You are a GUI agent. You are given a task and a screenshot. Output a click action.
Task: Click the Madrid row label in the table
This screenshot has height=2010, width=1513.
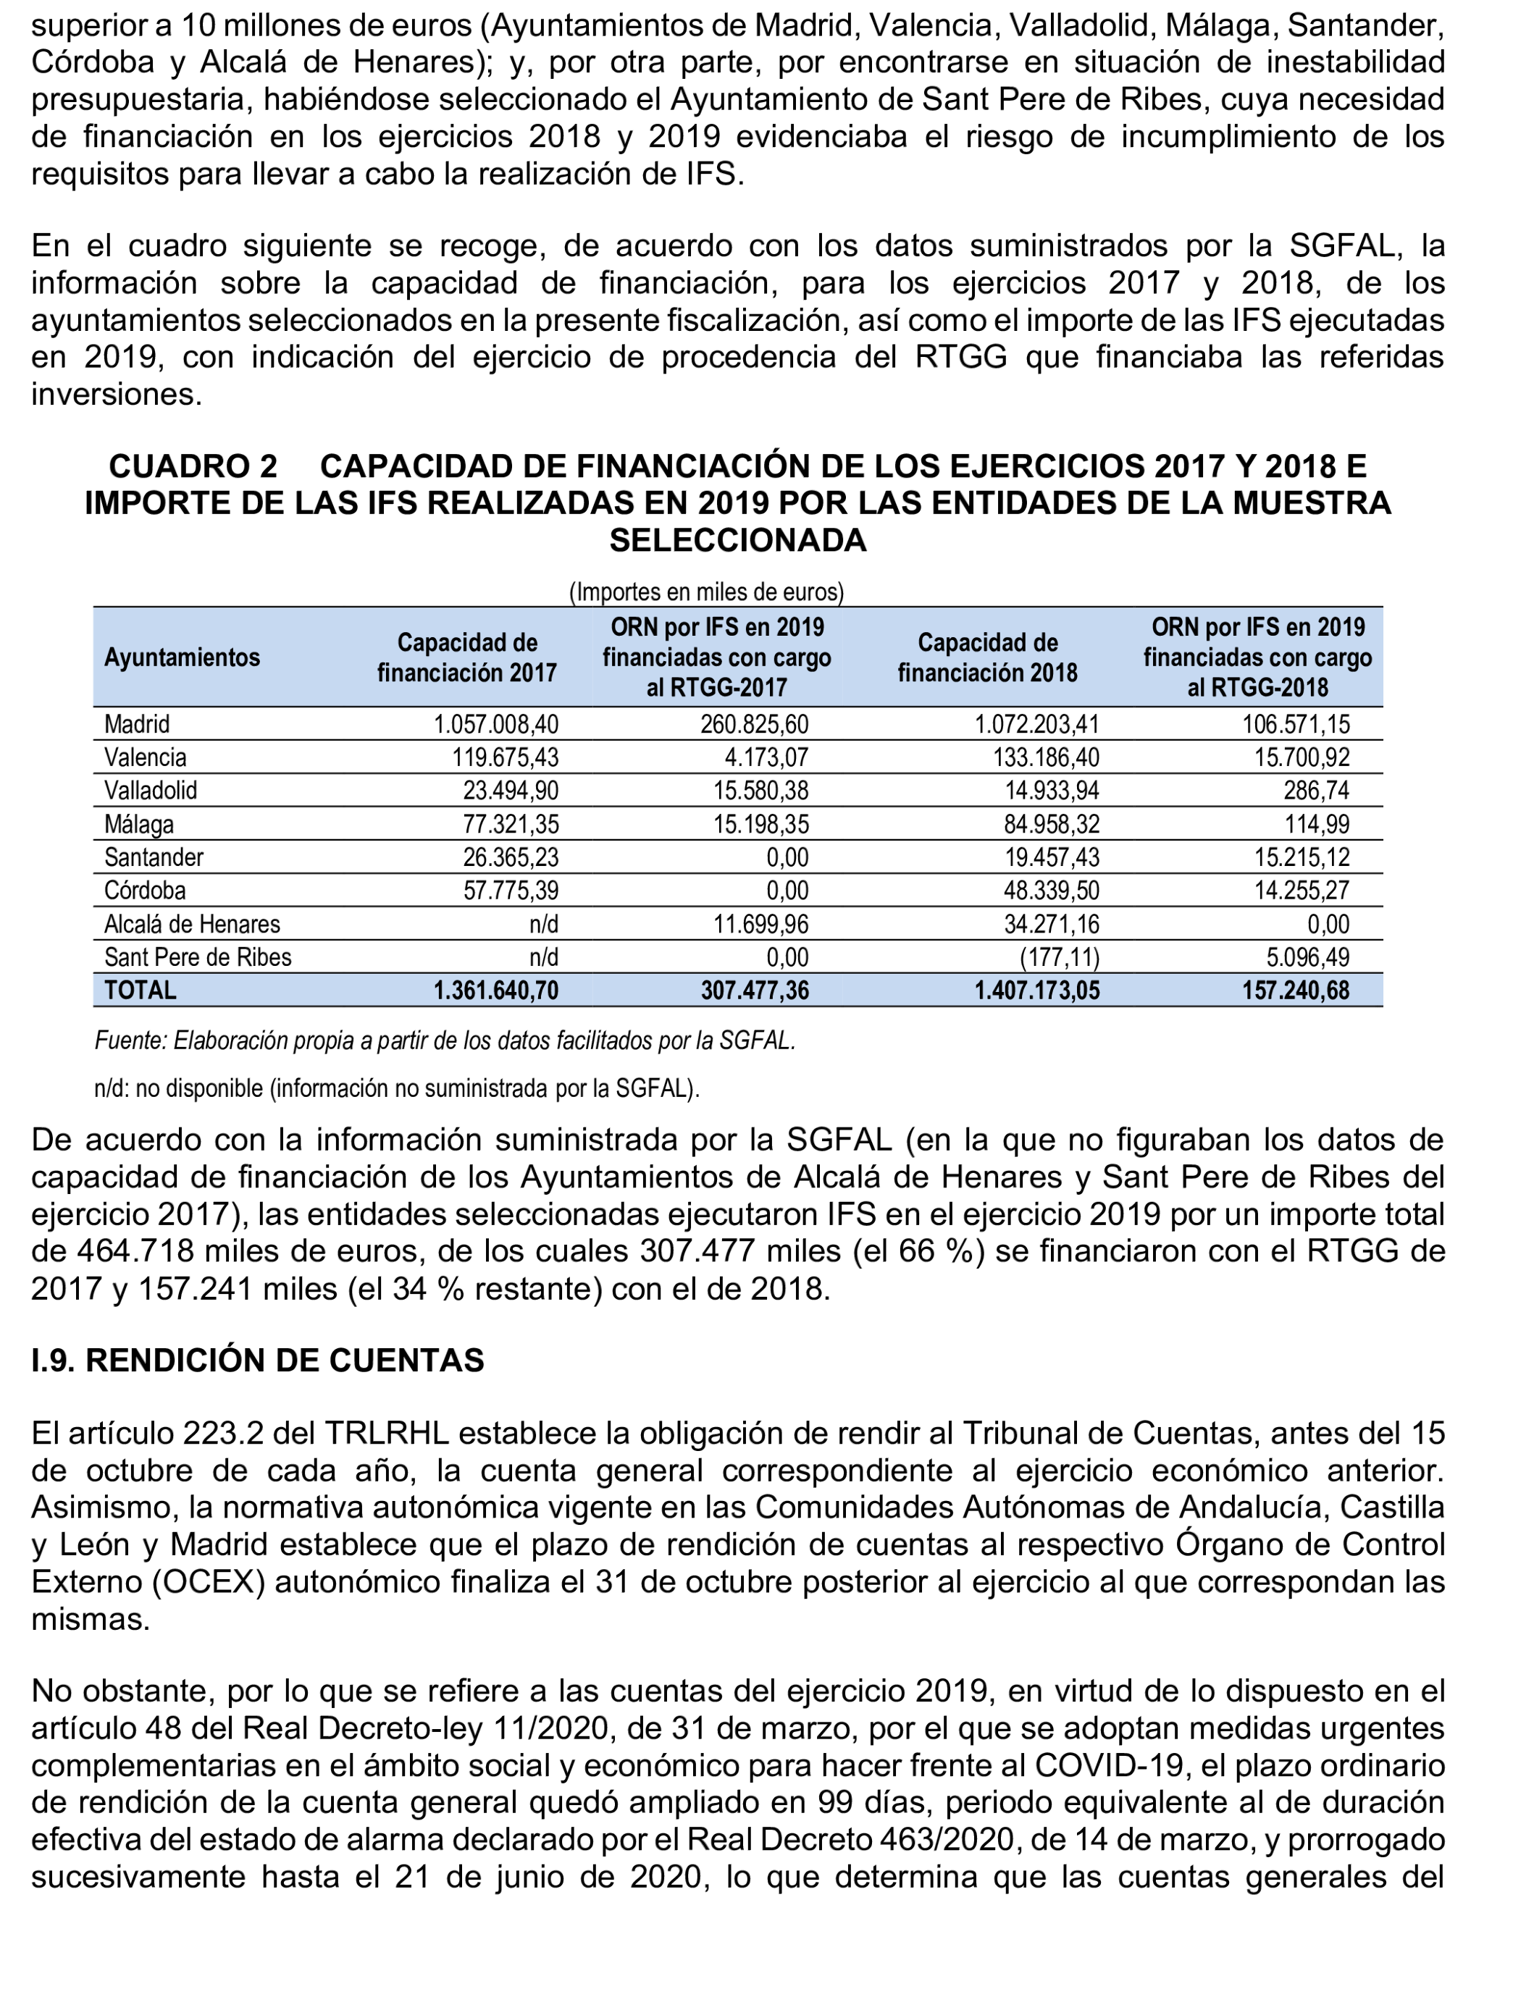137,724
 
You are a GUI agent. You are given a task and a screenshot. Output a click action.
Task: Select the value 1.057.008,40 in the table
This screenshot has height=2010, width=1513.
496,724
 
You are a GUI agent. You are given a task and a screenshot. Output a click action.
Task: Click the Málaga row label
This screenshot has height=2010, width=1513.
139,824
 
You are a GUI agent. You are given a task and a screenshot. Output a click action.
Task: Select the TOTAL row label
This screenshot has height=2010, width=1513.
141,990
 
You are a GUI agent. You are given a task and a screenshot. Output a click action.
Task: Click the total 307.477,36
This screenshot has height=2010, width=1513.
754,990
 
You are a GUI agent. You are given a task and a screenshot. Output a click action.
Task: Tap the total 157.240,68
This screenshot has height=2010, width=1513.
1296,990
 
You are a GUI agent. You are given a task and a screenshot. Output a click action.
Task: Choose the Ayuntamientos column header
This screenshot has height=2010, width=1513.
182,657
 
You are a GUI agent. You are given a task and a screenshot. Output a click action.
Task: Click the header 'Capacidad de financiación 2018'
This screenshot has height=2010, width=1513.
988,657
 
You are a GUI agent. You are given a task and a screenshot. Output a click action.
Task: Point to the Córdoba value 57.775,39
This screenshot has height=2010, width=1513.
511,890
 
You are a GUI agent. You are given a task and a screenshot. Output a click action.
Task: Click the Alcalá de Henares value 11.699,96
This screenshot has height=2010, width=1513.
760,924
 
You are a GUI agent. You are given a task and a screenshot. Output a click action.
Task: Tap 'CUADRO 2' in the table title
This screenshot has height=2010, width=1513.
193,466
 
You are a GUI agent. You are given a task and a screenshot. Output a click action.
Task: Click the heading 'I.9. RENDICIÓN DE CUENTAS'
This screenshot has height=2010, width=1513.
258,1361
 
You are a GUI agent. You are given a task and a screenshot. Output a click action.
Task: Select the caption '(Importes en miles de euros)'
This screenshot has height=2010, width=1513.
706,592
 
